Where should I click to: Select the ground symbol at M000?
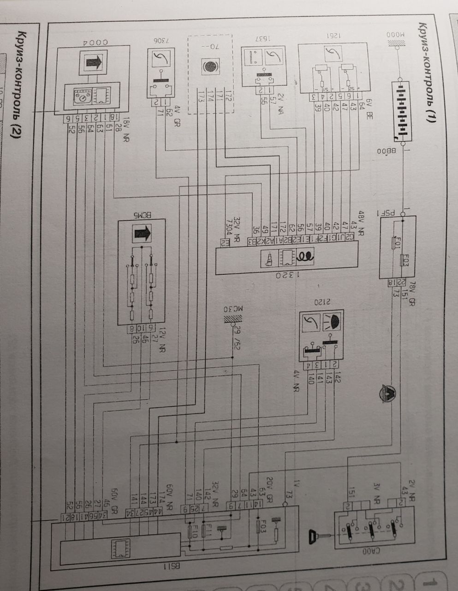click(395, 44)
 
